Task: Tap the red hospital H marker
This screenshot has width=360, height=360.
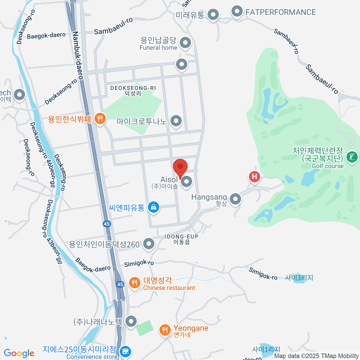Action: point(254,176)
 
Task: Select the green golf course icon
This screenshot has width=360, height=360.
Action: point(352,157)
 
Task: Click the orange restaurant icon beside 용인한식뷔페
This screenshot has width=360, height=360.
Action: point(100,119)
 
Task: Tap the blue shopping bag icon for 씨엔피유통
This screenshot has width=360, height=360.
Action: point(154,207)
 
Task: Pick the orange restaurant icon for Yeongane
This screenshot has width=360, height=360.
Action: point(165,330)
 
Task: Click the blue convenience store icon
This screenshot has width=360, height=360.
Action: point(125,351)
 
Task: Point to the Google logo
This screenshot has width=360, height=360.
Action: point(19,353)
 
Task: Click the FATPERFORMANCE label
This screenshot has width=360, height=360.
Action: point(280,12)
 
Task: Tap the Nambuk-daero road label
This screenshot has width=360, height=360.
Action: point(77,55)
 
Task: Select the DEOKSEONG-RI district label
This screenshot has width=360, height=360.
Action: point(133,88)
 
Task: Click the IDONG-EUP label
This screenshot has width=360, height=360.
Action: point(181,237)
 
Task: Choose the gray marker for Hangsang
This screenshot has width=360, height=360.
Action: point(235,199)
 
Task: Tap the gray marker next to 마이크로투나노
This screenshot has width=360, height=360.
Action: point(176,121)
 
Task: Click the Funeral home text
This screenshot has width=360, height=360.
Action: point(158,48)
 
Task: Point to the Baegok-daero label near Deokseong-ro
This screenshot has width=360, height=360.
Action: point(46,36)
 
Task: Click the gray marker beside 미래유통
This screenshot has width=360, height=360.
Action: point(213,14)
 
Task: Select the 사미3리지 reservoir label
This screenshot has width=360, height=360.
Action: point(299,278)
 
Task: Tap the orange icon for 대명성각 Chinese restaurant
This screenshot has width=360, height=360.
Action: point(135,282)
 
